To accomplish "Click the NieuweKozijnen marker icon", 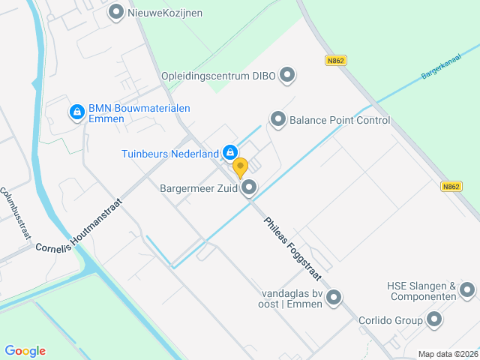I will pyautogui.click(x=116, y=12).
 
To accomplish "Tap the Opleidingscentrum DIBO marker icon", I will pyautogui.click(x=287, y=75).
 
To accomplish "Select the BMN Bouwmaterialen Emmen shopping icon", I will pyautogui.click(x=76, y=112).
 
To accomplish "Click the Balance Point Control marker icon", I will pyautogui.click(x=278, y=119).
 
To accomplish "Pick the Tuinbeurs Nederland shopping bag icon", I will pyautogui.click(x=230, y=153).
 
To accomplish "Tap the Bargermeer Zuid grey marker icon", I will pyautogui.click(x=250, y=188).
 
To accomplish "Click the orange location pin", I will pyautogui.click(x=240, y=167).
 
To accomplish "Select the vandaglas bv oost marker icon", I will pyautogui.click(x=334, y=298).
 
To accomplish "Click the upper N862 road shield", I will pyautogui.click(x=335, y=60).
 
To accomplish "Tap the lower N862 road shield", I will pyautogui.click(x=451, y=187).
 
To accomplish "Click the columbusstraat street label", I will pyautogui.click(x=16, y=214).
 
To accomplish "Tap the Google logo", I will pyautogui.click(x=25, y=350).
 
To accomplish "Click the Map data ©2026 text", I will pyautogui.click(x=447, y=354).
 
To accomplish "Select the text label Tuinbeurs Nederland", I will pyautogui.click(x=170, y=154).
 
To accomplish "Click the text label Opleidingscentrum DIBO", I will pyautogui.click(x=217, y=75).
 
